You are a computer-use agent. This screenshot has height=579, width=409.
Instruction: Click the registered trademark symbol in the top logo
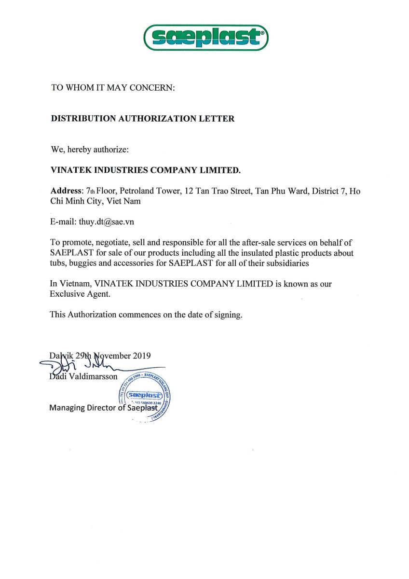coord(262,33)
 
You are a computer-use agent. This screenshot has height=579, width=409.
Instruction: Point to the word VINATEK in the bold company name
coord(71,170)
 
